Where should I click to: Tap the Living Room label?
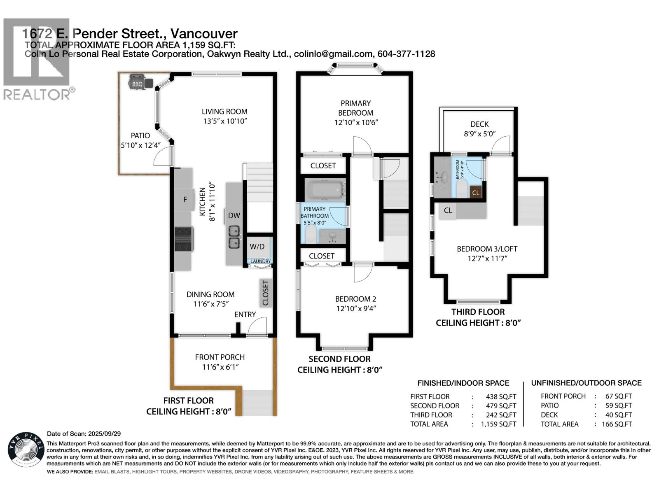pyautogui.click(x=224, y=112)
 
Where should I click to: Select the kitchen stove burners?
pyautogui.click(x=184, y=239)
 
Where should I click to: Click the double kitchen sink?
pyautogui.click(x=234, y=237)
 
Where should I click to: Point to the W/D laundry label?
pyautogui.click(x=257, y=247)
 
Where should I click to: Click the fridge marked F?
pyautogui.click(x=185, y=200)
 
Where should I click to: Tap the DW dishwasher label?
pyautogui.click(x=234, y=215)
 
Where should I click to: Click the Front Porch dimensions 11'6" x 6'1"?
pyautogui.click(x=220, y=367)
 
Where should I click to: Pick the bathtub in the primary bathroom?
pyautogui.click(x=325, y=190)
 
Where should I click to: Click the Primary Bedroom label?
pyautogui.click(x=355, y=108)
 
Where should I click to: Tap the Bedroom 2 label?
pyautogui.click(x=355, y=299)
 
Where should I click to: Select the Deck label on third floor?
pyautogui.click(x=479, y=124)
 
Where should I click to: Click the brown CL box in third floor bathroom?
pyautogui.click(x=476, y=192)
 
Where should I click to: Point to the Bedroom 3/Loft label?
pyautogui.click(x=487, y=249)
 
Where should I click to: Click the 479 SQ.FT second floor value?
pyautogui.click(x=498, y=405)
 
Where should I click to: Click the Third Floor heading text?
pyautogui.click(x=478, y=312)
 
